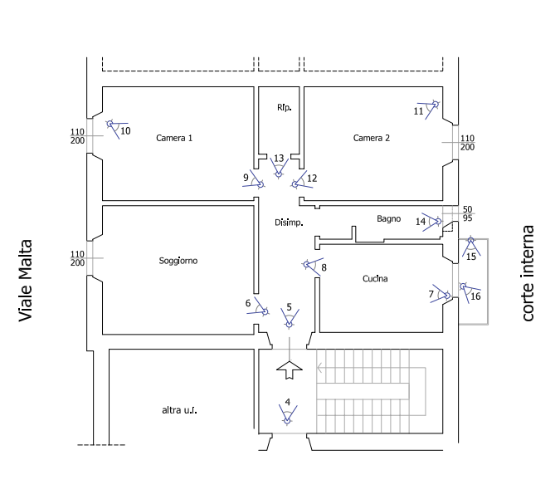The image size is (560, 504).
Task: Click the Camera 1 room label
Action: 174,138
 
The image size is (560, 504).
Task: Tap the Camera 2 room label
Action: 372,138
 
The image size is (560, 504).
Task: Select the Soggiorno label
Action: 178,261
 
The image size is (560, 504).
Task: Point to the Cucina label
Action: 375,279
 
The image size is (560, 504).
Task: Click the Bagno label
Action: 389,220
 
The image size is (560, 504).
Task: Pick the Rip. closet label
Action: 282,108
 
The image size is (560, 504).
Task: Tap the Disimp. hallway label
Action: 287,223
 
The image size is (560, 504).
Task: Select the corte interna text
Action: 528,273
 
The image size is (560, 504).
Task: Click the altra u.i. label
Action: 176,410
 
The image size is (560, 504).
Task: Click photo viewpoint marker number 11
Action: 426,110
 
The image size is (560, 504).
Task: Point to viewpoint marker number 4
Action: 287,412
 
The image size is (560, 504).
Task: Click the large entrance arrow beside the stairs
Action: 290,369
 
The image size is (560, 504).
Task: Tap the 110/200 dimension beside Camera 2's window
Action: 467,142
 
